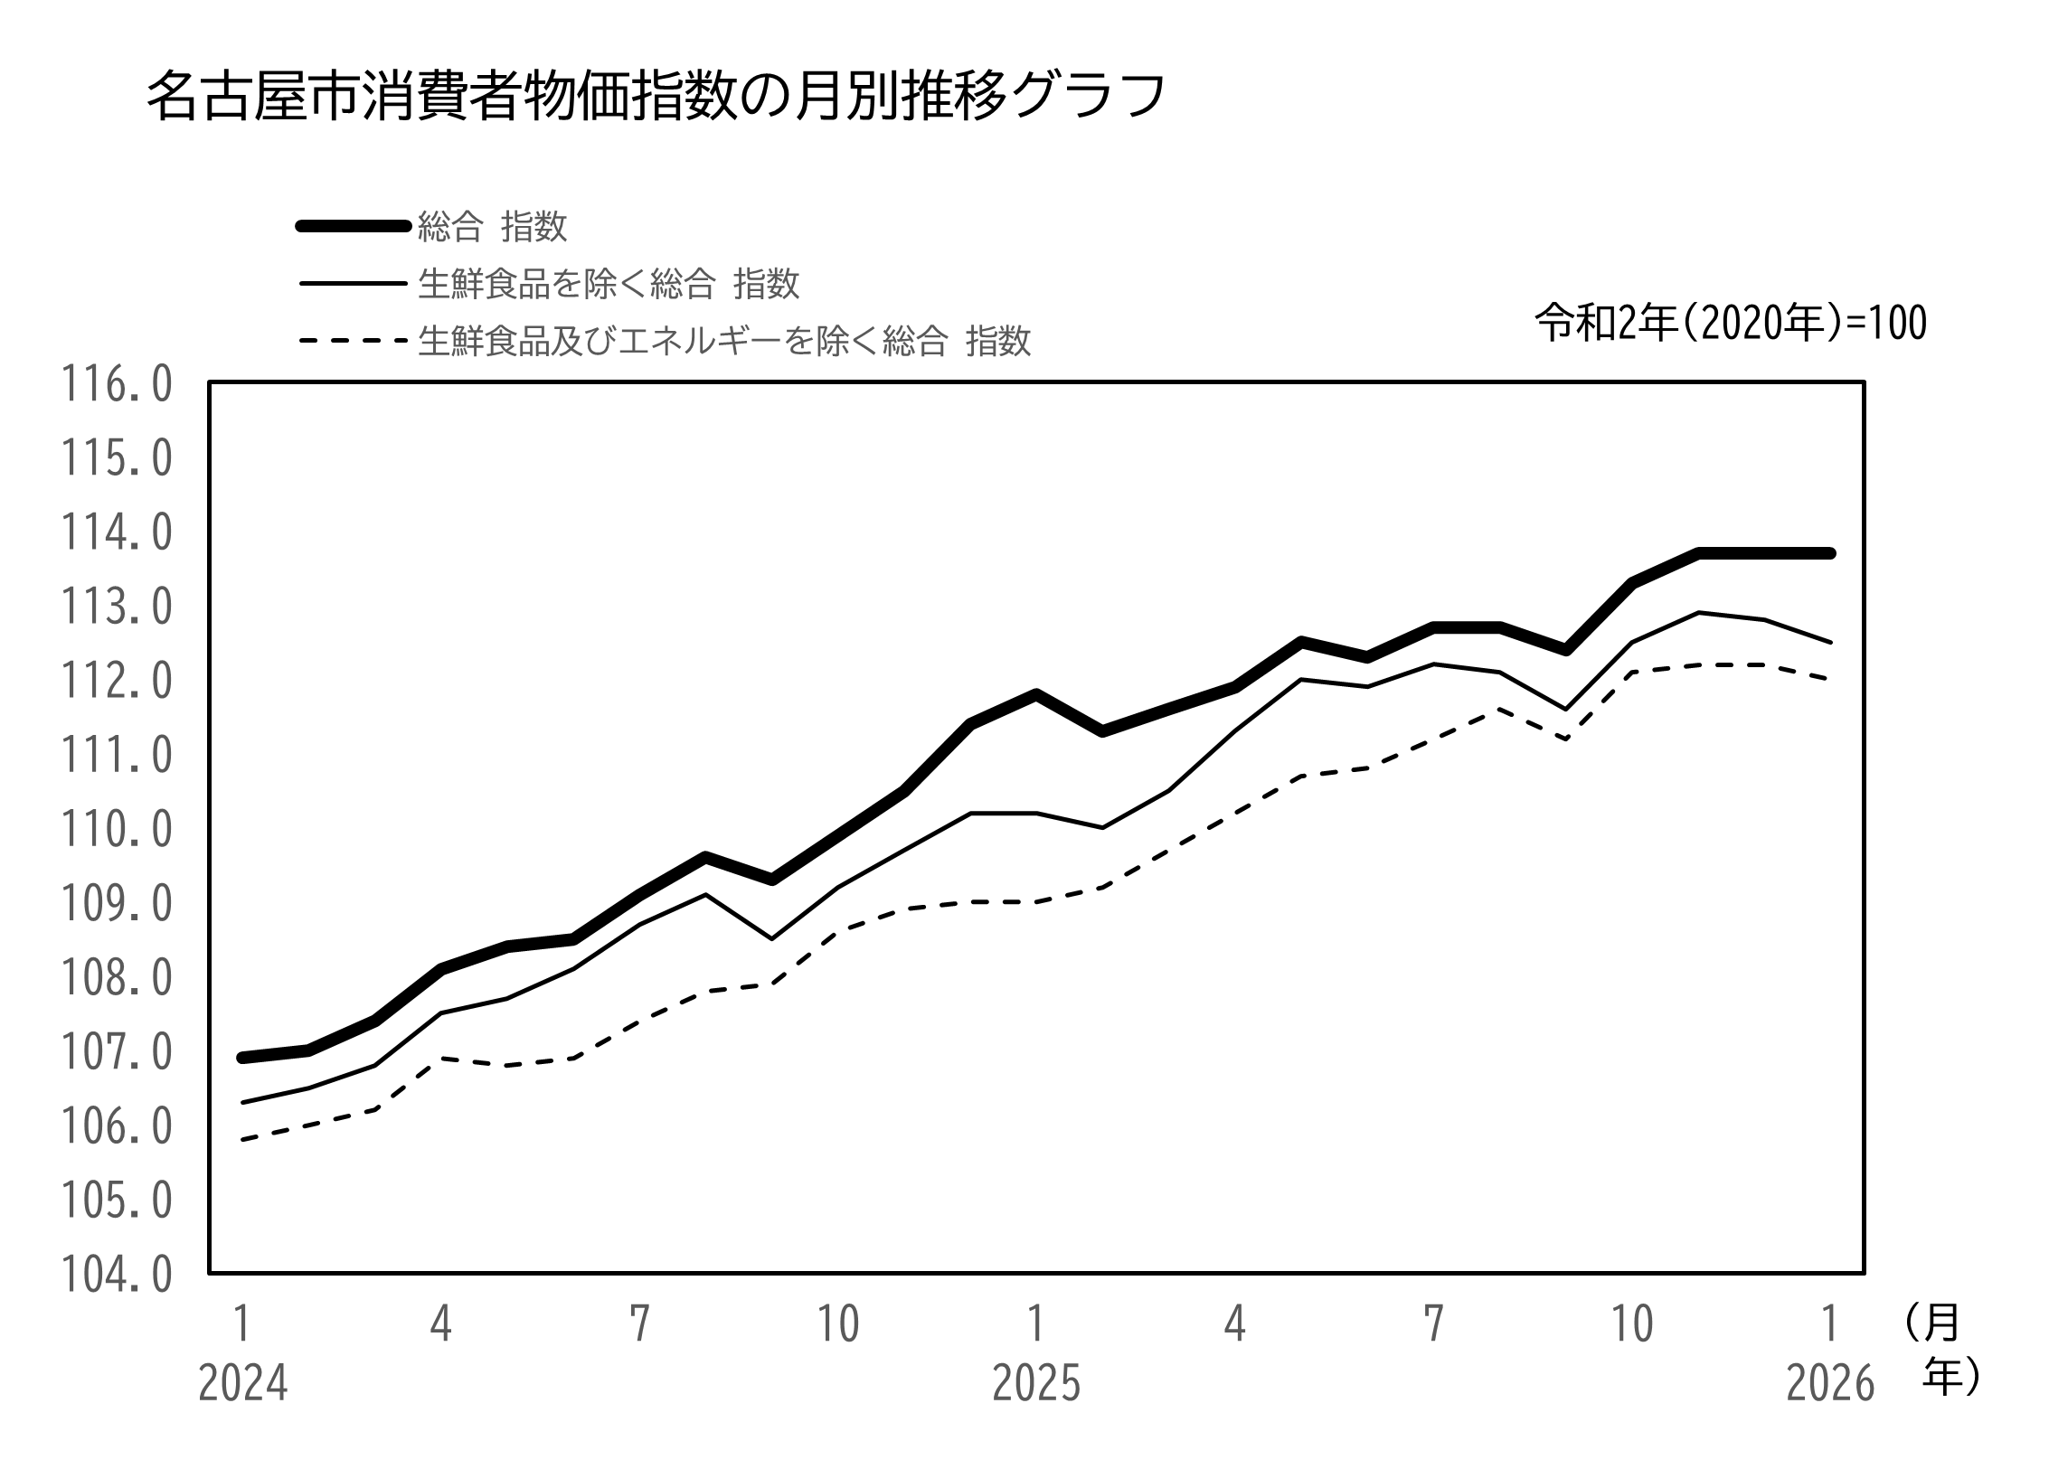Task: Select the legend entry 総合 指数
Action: (x=492, y=227)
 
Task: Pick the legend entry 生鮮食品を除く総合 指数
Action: (x=608, y=284)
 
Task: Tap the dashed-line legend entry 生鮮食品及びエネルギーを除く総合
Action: (x=723, y=342)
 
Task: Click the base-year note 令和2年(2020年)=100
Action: (x=1731, y=324)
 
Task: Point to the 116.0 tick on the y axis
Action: (x=116, y=385)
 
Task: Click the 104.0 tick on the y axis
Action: (x=116, y=1276)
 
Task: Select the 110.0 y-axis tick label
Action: (x=116, y=830)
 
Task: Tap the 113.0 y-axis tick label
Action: (x=116, y=607)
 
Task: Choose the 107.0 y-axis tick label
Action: (x=116, y=1053)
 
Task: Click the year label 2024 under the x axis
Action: (x=242, y=1384)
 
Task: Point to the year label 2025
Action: (x=1036, y=1384)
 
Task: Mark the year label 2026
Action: (x=1830, y=1384)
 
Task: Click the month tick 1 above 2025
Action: (x=1036, y=1324)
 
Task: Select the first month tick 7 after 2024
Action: (x=639, y=1324)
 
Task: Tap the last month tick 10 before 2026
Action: (x=1632, y=1324)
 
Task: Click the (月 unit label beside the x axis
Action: (x=1931, y=1323)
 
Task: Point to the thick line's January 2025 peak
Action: (x=1036, y=694)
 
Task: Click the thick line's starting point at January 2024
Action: (x=242, y=1057)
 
